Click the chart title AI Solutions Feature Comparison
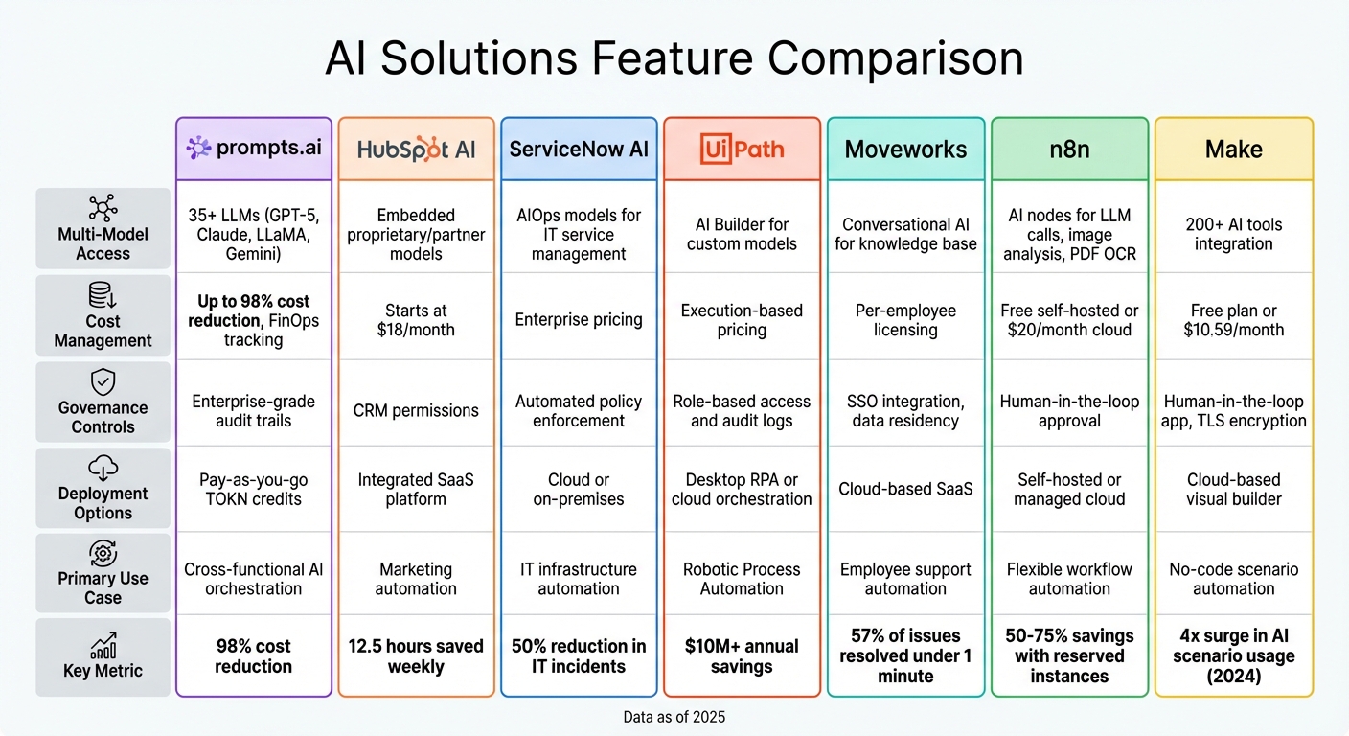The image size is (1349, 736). click(x=674, y=58)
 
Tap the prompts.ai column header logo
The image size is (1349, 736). click(x=253, y=149)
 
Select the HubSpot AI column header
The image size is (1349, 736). click(x=416, y=149)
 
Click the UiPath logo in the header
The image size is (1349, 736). click(x=742, y=149)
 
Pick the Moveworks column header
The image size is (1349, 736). click(x=905, y=149)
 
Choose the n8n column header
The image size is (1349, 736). click(x=1069, y=149)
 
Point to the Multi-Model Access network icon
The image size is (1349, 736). click(x=103, y=209)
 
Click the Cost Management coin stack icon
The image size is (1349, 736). click(x=103, y=295)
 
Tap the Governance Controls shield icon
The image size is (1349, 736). click(x=103, y=382)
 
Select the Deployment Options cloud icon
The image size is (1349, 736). click(x=103, y=469)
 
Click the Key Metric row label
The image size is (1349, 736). click(x=103, y=670)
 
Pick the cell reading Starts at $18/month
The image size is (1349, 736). click(x=416, y=320)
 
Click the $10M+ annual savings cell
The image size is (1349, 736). click(x=742, y=656)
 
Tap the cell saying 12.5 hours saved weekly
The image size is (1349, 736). click(x=416, y=656)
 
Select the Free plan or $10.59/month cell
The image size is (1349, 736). click(x=1233, y=320)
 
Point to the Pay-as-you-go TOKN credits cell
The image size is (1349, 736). click(x=253, y=490)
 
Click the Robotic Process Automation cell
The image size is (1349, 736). click(x=742, y=579)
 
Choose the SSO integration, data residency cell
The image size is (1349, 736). click(x=905, y=411)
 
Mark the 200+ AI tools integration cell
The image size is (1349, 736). click(x=1233, y=234)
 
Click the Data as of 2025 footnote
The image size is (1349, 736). click(x=674, y=716)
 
